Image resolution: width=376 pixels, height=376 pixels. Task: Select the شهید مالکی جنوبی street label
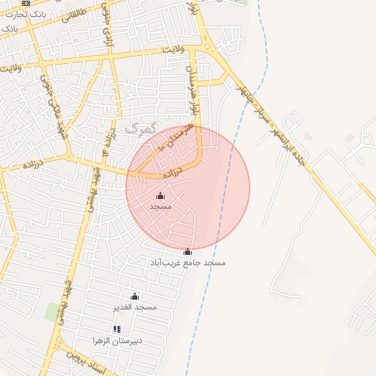pyautogui.click(x=54, y=109)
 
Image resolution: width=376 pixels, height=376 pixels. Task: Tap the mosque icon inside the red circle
pyautogui.click(x=161, y=195)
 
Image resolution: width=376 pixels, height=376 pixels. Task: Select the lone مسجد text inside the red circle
pyautogui.click(x=161, y=206)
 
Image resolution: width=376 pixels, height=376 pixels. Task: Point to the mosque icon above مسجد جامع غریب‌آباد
pyautogui.click(x=188, y=252)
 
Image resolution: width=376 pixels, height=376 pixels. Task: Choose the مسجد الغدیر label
pyautogui.click(x=135, y=306)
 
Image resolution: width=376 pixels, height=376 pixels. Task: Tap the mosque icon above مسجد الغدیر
pyautogui.click(x=134, y=296)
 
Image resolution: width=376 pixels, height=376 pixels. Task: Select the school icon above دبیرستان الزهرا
pyautogui.click(x=116, y=330)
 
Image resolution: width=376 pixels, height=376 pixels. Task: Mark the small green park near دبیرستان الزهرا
pyautogui.click(x=53, y=311)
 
